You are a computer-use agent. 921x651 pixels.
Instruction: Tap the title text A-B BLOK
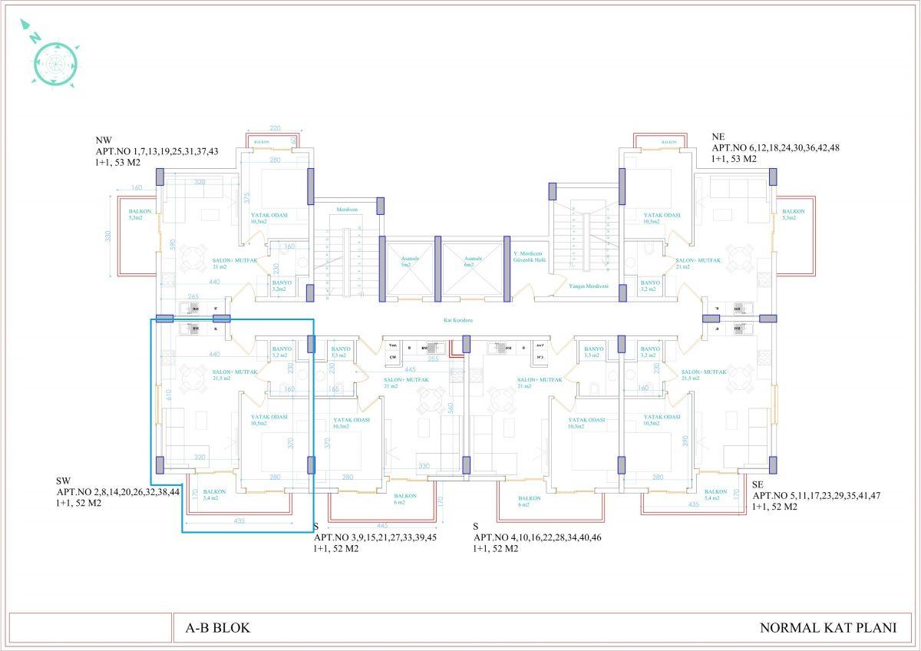click(218, 627)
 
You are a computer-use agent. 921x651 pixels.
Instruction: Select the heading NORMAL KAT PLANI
click(827, 627)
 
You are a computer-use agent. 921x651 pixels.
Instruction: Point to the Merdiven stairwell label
click(348, 209)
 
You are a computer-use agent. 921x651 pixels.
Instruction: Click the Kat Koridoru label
click(457, 320)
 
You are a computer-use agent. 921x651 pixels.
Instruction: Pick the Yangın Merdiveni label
click(589, 286)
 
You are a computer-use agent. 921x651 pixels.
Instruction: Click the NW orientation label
click(104, 140)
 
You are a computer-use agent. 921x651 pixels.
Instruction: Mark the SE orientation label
click(758, 484)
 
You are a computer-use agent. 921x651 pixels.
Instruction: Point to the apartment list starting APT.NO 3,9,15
click(375, 537)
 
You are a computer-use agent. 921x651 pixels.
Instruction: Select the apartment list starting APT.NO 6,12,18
click(776, 147)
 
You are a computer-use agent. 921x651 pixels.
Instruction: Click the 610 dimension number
click(168, 396)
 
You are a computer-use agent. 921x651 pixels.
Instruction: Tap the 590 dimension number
click(173, 245)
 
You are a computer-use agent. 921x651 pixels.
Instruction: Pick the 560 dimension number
click(453, 408)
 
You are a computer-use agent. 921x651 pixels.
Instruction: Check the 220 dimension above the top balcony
click(276, 129)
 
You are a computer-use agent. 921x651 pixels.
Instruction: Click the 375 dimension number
click(247, 198)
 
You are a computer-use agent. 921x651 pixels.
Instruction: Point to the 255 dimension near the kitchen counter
click(434, 359)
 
